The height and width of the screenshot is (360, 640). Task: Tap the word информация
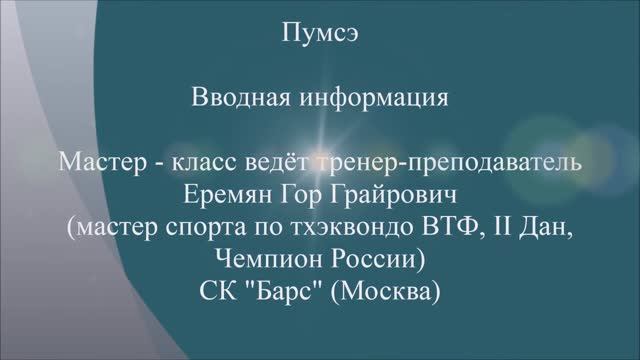click(x=379, y=99)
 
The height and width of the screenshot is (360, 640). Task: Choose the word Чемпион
click(x=265, y=260)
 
